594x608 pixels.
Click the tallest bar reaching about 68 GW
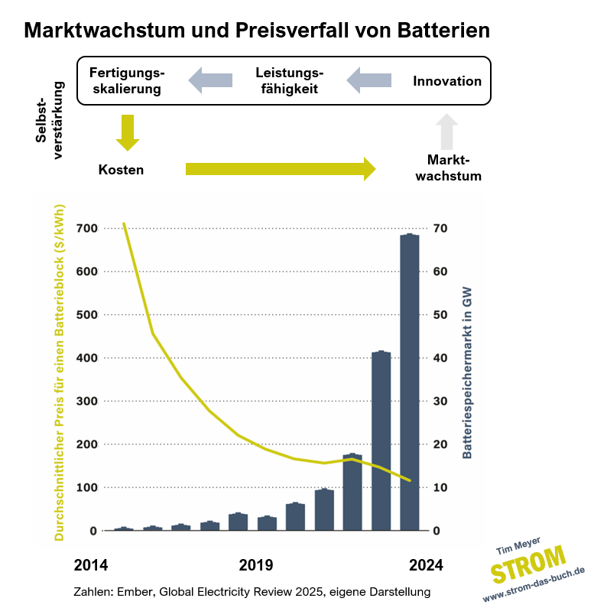click(x=410, y=382)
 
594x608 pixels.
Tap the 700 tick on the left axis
click(x=86, y=229)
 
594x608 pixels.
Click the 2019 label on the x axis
click(x=256, y=566)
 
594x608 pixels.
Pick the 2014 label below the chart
click(x=91, y=566)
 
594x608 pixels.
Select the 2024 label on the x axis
click(x=425, y=566)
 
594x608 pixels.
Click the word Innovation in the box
click(x=447, y=81)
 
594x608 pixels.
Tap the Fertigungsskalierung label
click(x=127, y=80)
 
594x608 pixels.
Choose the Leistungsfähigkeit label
click(x=289, y=80)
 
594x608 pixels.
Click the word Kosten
click(x=121, y=170)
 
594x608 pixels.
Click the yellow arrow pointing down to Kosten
click(x=128, y=132)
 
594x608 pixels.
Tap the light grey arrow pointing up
click(x=447, y=132)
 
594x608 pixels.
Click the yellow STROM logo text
click(x=528, y=567)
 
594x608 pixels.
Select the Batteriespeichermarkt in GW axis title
click(x=466, y=371)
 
